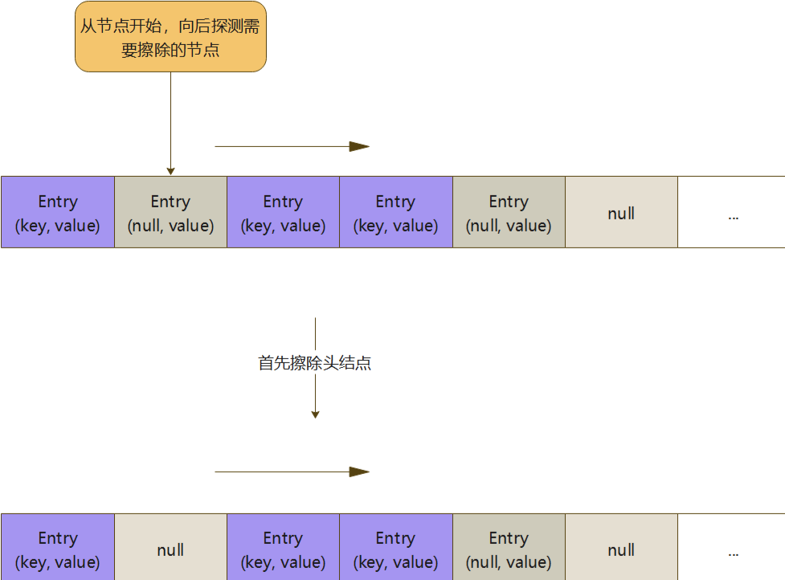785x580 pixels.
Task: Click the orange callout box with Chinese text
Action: coord(170,37)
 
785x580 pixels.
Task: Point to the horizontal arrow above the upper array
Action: coord(292,146)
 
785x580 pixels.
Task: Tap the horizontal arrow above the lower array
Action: coord(292,472)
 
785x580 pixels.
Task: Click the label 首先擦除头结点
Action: coord(314,363)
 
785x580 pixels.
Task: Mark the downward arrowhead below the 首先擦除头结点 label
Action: coord(315,414)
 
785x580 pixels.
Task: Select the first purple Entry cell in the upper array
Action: coord(58,213)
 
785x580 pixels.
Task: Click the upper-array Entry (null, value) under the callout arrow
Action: coord(170,213)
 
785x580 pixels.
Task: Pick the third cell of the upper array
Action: coord(283,213)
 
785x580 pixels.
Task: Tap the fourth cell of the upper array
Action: coord(395,213)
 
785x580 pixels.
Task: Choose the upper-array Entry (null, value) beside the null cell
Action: coord(509,213)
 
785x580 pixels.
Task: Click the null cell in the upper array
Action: coord(621,213)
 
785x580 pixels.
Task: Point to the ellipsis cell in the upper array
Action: coord(731,213)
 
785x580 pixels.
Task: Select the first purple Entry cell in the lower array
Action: coord(58,549)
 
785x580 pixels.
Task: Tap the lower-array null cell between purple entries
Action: coord(170,549)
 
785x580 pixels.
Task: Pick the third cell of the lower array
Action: coord(283,549)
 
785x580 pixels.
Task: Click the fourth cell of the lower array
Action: coord(395,549)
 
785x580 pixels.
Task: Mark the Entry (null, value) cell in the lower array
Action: coord(509,549)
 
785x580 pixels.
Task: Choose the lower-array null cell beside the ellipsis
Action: coord(621,549)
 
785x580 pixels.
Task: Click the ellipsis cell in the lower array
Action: coord(731,549)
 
